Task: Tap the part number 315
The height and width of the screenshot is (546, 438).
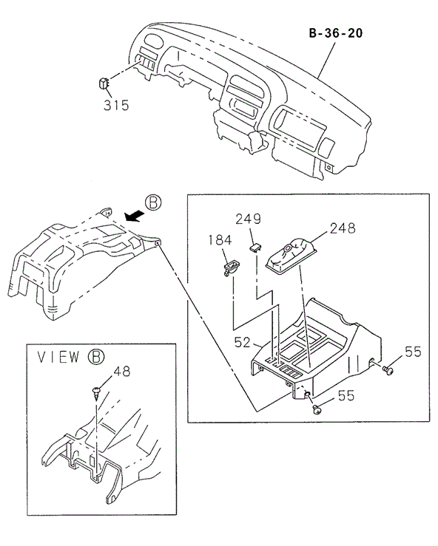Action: [x=115, y=105]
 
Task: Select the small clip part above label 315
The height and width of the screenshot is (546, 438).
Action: [x=105, y=82]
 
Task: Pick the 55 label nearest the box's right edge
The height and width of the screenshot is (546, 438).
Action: [x=412, y=352]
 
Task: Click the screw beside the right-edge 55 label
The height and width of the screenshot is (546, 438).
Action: [x=388, y=366]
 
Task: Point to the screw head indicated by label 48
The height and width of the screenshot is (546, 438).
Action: [x=96, y=387]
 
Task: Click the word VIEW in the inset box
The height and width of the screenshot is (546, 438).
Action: [x=58, y=358]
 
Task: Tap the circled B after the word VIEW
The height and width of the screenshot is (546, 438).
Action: [x=95, y=358]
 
